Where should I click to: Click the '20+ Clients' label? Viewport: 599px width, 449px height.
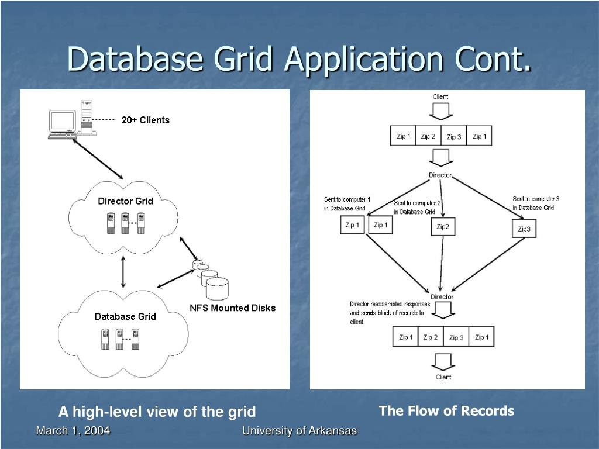click(145, 120)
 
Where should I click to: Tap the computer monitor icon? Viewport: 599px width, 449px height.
click(62, 122)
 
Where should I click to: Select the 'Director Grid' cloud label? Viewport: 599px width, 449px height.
click(125, 201)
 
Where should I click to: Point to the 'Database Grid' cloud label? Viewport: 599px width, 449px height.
click(125, 316)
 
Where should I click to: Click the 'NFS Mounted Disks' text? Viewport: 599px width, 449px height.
click(233, 308)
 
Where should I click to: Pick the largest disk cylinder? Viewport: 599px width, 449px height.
click(218, 289)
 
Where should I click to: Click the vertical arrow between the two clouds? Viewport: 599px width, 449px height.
click(123, 272)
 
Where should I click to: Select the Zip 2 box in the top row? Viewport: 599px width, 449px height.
click(428, 136)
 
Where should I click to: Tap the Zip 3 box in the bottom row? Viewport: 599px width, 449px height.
click(456, 337)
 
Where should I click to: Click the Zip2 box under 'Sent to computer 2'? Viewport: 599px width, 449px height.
click(443, 227)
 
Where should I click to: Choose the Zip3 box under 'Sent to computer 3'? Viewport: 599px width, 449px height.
click(524, 229)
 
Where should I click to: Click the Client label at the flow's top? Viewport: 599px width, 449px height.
click(440, 96)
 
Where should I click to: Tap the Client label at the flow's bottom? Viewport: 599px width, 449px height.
click(443, 377)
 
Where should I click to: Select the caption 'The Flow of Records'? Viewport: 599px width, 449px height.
click(446, 411)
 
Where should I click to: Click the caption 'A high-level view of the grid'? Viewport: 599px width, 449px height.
click(157, 412)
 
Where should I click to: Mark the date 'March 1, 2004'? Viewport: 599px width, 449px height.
click(73, 431)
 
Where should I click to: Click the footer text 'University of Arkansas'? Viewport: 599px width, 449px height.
click(299, 431)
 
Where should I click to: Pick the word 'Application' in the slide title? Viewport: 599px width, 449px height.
click(363, 59)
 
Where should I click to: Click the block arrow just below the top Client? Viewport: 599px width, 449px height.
click(441, 112)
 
